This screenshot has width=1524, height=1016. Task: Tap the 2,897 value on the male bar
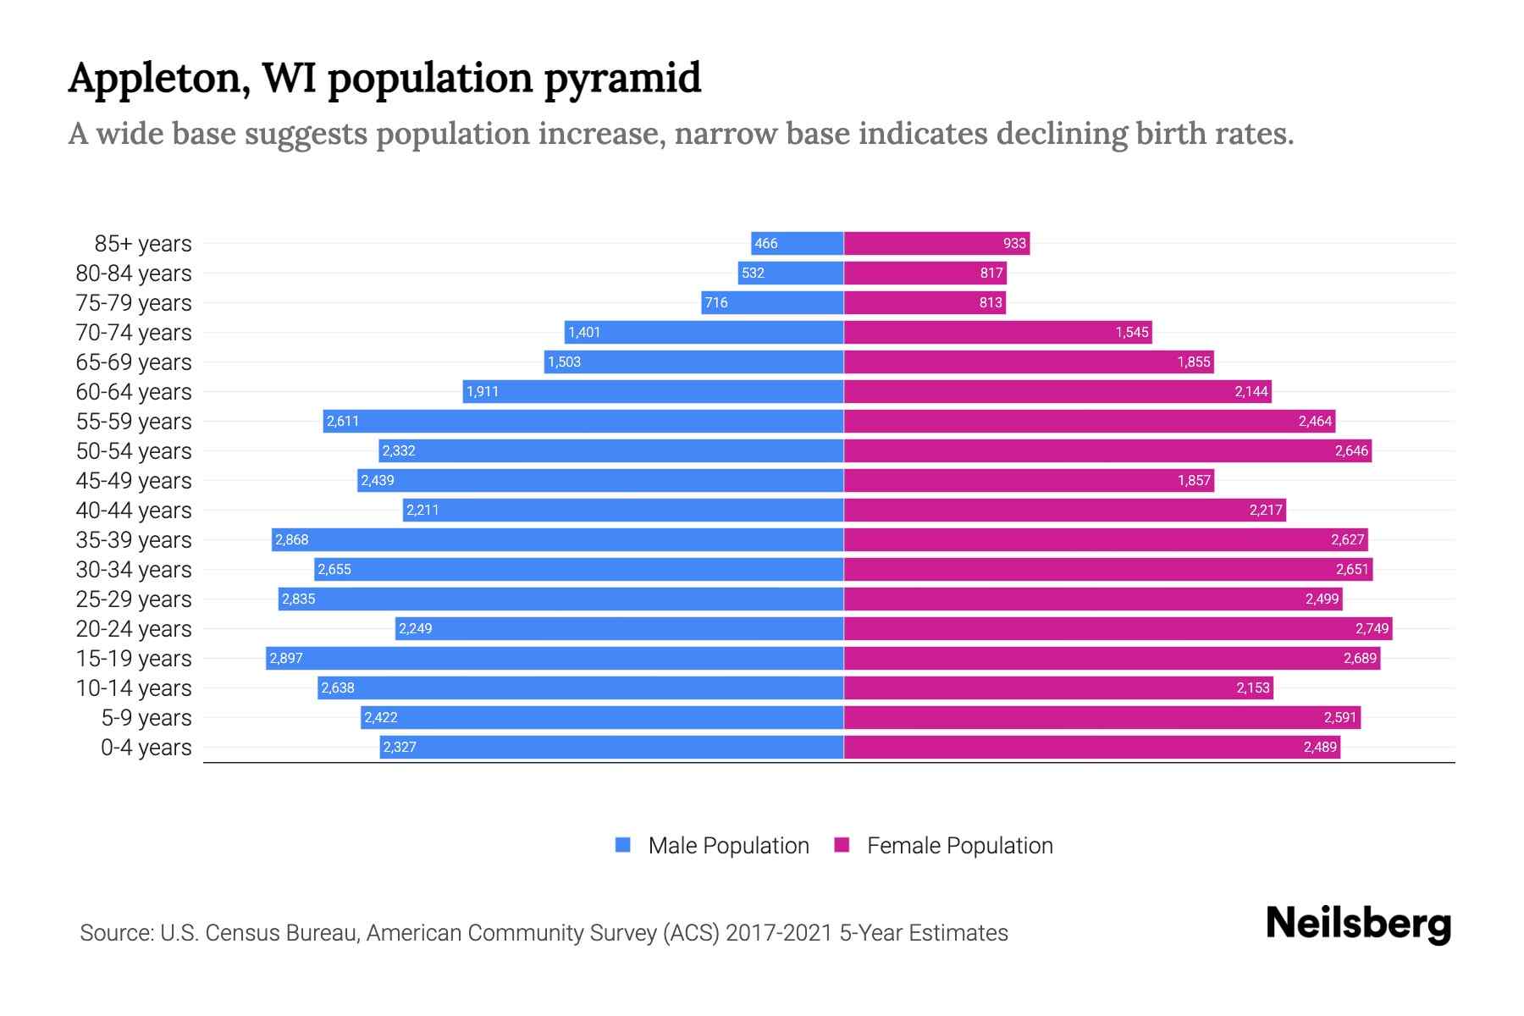coord(286,658)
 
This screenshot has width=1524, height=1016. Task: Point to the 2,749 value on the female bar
coord(1372,628)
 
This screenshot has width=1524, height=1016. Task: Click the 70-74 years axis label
coord(134,333)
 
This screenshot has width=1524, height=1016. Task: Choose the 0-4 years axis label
coord(146,748)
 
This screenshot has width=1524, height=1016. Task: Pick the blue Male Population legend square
coord(623,845)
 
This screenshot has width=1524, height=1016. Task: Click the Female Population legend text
coord(959,845)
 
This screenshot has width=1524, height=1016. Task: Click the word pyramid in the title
coord(622,78)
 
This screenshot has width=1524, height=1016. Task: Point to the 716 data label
coord(716,302)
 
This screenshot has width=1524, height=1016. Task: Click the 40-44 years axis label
coord(134,511)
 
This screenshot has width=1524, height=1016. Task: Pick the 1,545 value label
coord(1131,332)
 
